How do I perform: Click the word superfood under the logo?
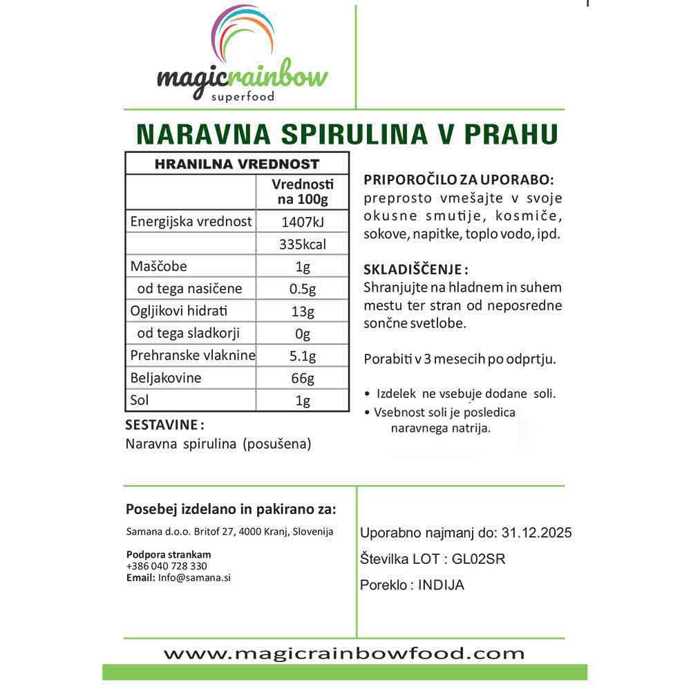242,96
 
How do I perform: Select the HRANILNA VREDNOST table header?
237,164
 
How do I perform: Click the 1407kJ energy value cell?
302,223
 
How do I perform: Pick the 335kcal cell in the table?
302,245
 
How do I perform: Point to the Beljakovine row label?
166,378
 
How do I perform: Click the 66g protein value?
302,379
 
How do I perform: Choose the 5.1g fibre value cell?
302,357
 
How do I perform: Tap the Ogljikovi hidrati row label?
179,311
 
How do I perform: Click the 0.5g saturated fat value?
302,289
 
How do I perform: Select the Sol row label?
140,400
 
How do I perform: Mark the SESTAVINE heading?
164,424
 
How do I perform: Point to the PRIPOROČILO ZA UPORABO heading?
459,180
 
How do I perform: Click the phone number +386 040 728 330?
167,566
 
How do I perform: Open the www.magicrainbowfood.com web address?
344,652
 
